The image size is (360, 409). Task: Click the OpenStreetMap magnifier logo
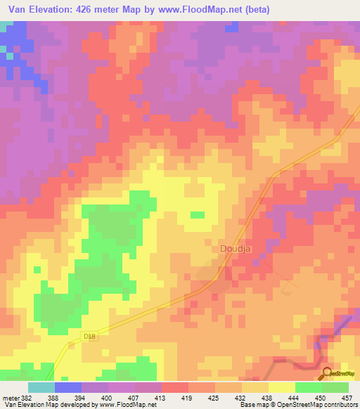pyautogui.click(x=326, y=372)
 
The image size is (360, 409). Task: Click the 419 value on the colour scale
pyautogui.click(x=188, y=397)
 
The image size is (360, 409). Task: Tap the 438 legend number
pyautogui.click(x=268, y=397)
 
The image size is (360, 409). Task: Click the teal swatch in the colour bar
pyautogui.click(x=41, y=387)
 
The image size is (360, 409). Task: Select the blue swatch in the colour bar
pyautogui.click(x=67, y=387)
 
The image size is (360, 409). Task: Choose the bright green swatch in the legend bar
pyautogui.click(x=308, y=387)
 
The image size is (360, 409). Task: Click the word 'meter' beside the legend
pyautogui.click(x=10, y=397)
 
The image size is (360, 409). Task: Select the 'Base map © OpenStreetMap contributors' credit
pyautogui.click(x=295, y=405)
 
